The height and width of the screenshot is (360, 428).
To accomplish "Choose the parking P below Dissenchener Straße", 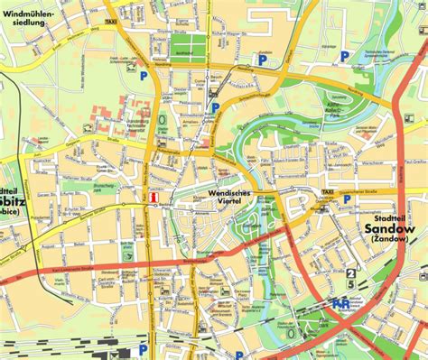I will (x=346, y=200).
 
